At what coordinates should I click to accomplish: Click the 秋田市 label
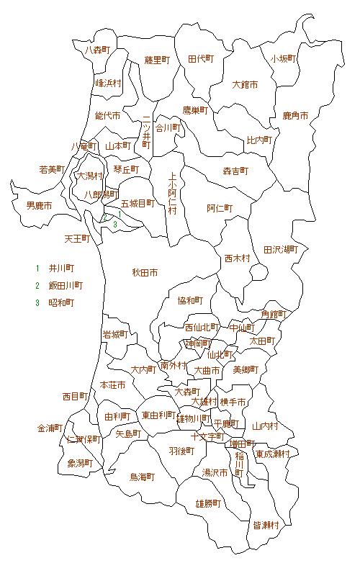coord(145,273)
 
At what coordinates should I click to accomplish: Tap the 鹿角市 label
coord(295,115)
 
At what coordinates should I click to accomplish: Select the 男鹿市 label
coord(39,206)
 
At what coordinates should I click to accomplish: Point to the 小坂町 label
coord(284,59)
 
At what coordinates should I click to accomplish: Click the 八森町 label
coord(96,50)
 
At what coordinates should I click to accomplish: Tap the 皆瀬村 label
coord(266,526)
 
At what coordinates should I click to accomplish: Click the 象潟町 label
coord(80,463)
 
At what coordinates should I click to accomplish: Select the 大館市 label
coord(245,85)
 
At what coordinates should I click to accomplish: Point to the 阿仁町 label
coord(220,209)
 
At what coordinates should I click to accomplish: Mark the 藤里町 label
coord(157,60)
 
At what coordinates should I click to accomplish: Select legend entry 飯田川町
coord(66,285)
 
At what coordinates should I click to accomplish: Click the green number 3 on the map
coord(114,224)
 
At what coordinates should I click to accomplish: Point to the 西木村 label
coord(237,258)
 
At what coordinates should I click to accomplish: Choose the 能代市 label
coord(107,115)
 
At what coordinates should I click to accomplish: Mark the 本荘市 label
coord(112,385)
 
